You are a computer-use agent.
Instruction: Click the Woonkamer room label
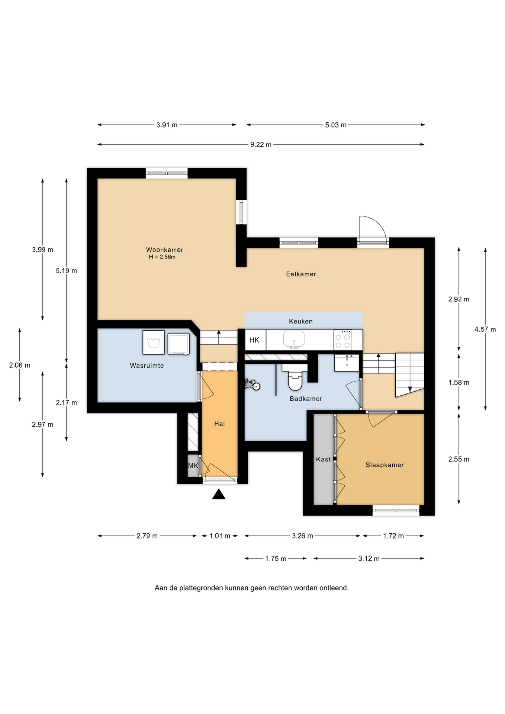164,250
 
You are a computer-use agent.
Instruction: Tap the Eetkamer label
301,274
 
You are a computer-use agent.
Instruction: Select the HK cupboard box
255,340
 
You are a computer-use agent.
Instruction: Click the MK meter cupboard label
193,466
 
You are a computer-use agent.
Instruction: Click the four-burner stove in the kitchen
342,340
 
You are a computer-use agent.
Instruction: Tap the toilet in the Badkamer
295,377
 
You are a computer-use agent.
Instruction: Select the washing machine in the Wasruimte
154,342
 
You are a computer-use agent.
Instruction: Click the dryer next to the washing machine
178,344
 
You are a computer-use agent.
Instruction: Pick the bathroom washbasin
347,363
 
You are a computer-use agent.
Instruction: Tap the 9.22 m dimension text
261,145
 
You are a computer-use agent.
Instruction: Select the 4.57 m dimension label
485,329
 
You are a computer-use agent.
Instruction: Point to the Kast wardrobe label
323,459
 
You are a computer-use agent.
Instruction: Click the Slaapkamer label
385,465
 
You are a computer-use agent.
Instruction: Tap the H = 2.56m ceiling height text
162,257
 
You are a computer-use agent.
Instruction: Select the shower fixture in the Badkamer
252,385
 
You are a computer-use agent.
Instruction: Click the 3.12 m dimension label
369,559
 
